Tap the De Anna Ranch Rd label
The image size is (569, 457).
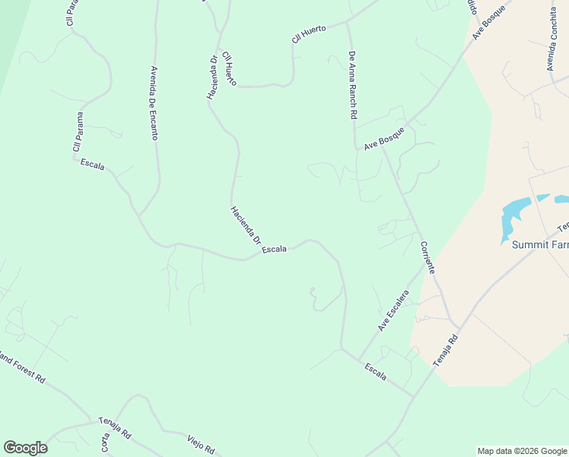tap(352, 85)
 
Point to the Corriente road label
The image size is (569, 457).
tap(428, 258)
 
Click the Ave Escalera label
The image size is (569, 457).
tap(394, 311)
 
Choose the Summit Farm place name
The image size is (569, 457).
tap(539, 244)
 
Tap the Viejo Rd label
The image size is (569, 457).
tap(201, 443)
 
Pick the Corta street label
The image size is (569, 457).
tap(105, 444)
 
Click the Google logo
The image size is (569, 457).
tap(25, 448)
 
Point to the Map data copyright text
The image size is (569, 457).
tap(522, 451)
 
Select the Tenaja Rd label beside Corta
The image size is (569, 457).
tap(115, 429)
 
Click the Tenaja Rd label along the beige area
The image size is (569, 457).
tap(447, 350)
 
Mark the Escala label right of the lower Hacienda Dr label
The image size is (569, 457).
tap(274, 249)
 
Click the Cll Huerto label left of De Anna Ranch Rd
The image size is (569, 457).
tap(309, 34)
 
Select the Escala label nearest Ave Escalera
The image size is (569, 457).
tap(376, 372)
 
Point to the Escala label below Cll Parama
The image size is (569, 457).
tap(92, 165)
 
